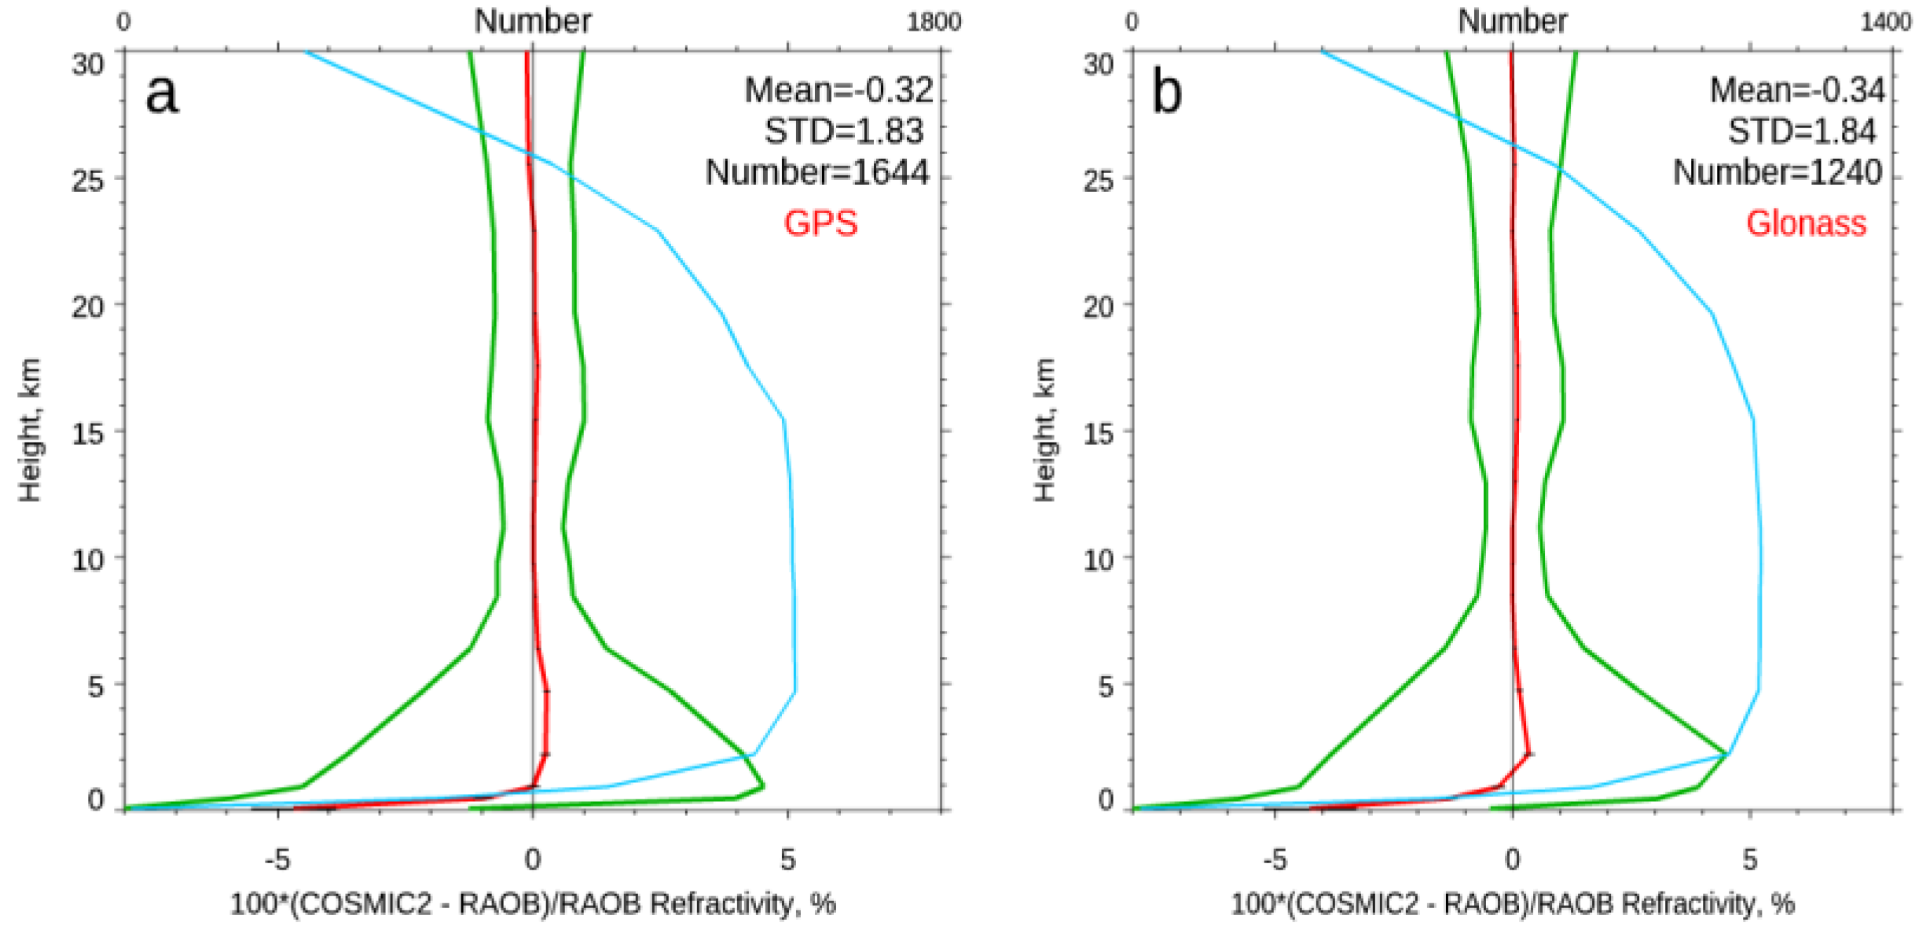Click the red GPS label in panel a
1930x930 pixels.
820,223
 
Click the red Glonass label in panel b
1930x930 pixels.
1805,223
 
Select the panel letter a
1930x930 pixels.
162,94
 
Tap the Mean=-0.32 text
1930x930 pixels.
838,90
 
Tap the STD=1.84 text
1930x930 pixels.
1801,131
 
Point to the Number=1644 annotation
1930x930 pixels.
816,172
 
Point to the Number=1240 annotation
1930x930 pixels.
1777,172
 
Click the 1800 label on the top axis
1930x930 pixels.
934,22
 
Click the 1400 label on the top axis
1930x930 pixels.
1885,22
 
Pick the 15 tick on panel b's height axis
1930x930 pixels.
1098,433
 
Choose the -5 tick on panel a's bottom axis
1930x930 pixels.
277,860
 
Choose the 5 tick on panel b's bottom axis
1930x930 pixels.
1749,860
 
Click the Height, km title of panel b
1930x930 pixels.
1044,430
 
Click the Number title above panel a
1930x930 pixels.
532,21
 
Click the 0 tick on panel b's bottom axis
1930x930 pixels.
1512,860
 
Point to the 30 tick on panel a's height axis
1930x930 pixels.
87,64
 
